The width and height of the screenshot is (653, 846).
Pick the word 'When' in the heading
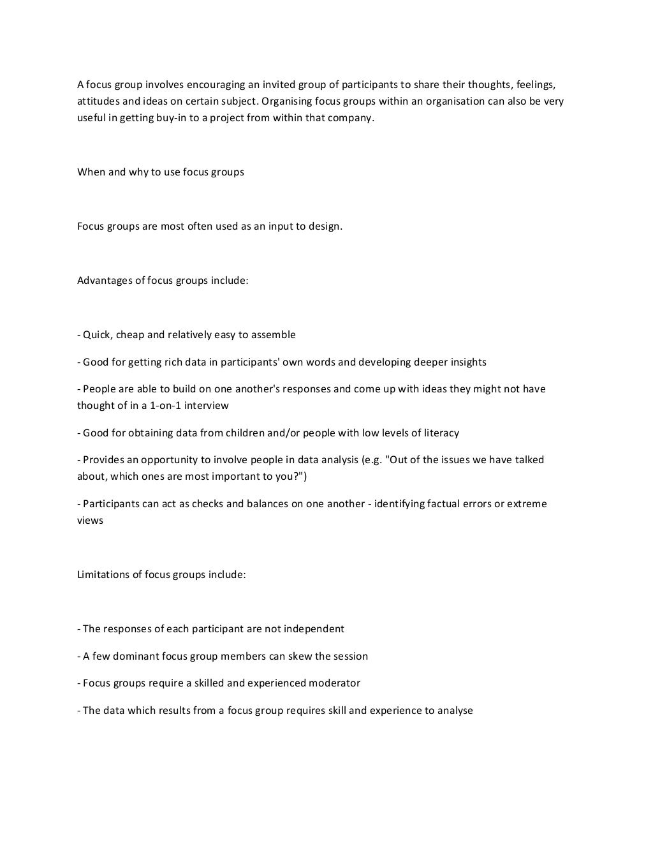pos(91,172)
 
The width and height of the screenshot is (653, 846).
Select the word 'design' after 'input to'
pos(326,226)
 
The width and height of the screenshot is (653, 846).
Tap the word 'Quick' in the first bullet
pos(96,335)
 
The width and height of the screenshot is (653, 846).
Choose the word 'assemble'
pos(273,335)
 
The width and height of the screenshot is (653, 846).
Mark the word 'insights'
pos(467,362)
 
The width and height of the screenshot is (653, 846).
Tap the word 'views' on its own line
pos(90,521)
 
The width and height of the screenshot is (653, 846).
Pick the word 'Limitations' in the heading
pos(105,575)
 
